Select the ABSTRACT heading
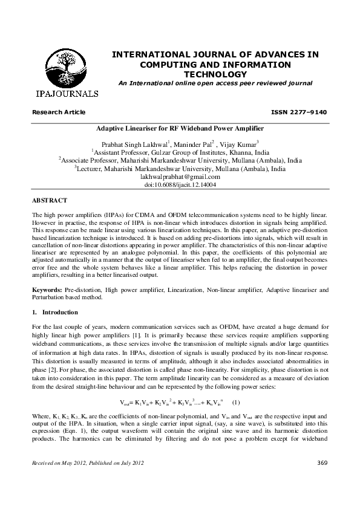(x=49, y=200)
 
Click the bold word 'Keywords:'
(x=47, y=290)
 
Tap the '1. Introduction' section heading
(x=55, y=313)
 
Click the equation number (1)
(x=237, y=401)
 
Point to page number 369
(x=322, y=480)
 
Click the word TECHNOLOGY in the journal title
(x=215, y=74)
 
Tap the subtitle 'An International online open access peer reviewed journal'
(x=215, y=83)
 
